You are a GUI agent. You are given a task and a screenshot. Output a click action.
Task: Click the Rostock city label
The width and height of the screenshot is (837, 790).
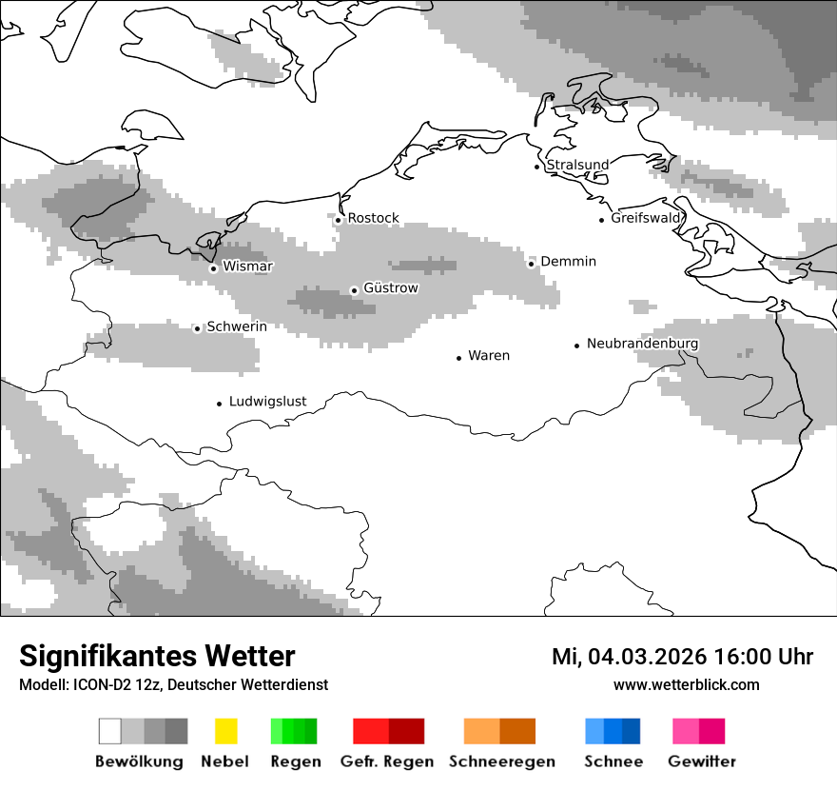(373, 218)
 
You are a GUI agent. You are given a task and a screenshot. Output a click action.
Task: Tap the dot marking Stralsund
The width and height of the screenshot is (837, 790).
(536, 167)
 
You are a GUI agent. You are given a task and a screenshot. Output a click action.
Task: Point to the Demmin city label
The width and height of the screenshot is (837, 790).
(568, 262)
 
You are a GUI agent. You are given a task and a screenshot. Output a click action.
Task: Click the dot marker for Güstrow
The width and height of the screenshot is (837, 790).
(354, 290)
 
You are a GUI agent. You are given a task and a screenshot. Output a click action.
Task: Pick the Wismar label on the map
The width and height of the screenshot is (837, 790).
(247, 267)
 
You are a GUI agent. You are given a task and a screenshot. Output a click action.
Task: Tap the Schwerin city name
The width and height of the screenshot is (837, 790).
(237, 326)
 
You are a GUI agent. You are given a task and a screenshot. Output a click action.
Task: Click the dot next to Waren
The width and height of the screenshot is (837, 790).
(458, 358)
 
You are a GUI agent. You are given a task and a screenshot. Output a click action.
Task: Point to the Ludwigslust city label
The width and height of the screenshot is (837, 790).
(267, 402)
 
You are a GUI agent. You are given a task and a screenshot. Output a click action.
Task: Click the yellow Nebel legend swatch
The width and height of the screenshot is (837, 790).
(225, 731)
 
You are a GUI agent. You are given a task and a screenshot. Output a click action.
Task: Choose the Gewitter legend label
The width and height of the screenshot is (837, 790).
(702, 761)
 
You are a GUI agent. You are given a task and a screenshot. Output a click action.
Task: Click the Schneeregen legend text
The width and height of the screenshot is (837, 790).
(502, 761)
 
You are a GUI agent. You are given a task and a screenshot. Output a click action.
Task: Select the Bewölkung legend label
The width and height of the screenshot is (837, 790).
(139, 761)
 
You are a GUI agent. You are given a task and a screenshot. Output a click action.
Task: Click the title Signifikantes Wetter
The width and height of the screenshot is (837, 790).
(157, 657)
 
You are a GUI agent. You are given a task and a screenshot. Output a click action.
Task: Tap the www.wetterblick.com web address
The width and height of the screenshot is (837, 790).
(686, 684)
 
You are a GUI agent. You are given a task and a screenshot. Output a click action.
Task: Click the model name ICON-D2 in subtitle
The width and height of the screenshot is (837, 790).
(104, 684)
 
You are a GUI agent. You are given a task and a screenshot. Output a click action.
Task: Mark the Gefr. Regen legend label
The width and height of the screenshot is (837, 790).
(386, 761)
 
